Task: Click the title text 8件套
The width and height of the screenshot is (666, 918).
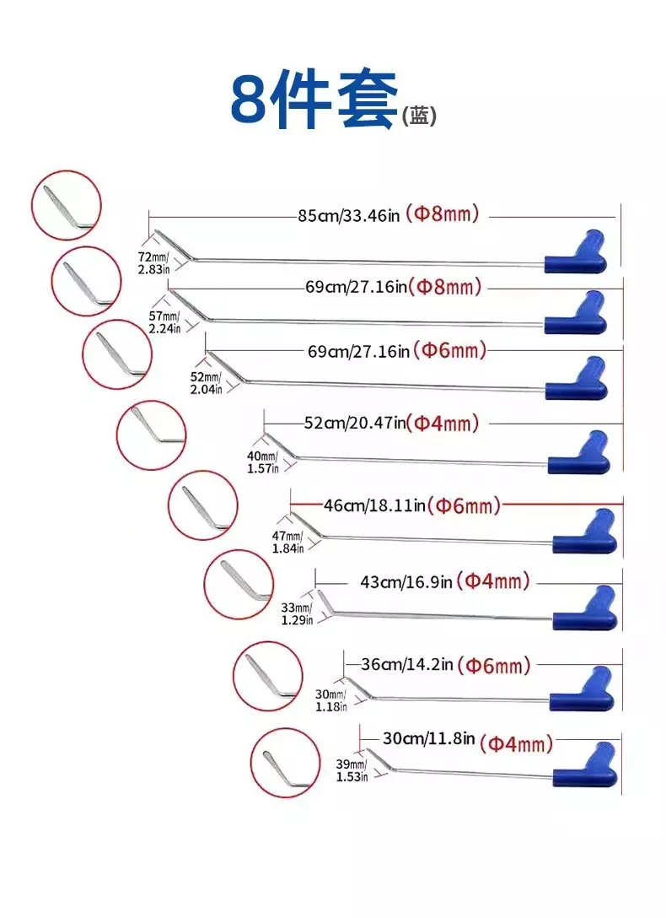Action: [314, 100]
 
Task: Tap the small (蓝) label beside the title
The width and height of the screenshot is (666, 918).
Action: [419, 115]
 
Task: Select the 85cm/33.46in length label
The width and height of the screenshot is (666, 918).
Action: [348, 215]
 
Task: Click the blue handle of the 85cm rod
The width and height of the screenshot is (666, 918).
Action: [576, 252]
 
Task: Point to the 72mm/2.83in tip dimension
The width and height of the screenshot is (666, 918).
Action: [153, 263]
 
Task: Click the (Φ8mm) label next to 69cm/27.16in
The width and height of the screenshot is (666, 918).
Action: [445, 287]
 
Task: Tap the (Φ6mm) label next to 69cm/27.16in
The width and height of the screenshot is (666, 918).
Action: [449, 351]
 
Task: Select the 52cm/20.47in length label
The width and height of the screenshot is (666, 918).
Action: [354, 423]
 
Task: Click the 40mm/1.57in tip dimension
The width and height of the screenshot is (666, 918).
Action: [262, 462]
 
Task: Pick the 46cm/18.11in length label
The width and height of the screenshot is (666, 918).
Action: [374, 505]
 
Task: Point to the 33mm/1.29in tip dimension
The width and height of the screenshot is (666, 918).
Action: [297, 614]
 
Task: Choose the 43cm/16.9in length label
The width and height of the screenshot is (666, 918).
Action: [406, 582]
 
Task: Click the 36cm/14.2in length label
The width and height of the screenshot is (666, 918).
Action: [407, 665]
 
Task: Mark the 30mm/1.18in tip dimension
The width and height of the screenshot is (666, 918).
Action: [331, 700]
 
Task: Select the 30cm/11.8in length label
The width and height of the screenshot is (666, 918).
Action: [428, 738]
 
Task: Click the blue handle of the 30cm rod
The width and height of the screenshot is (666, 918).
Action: [585, 764]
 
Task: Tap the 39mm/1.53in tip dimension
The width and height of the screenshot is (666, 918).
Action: [352, 770]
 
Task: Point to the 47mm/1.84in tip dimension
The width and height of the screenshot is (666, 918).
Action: [287, 543]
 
